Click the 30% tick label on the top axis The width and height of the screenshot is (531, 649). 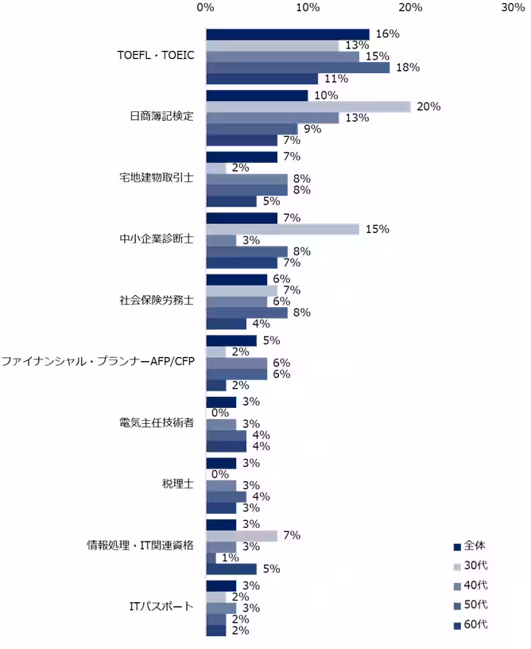click(513, 8)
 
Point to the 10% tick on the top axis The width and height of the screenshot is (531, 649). click(308, 8)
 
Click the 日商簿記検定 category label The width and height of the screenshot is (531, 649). click(161, 117)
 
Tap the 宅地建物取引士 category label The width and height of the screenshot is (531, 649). click(156, 178)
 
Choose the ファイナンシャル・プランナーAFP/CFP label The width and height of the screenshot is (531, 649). click(98, 362)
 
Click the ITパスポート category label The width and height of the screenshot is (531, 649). click(161, 607)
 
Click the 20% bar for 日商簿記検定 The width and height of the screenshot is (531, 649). click(308, 107)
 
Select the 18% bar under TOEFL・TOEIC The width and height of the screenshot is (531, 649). click(298, 68)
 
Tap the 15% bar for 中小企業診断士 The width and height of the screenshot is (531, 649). click(282, 229)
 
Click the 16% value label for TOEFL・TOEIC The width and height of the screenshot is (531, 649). click(386, 34)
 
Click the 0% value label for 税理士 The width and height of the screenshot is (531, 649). click(220, 474)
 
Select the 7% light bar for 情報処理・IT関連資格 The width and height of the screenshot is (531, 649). click(242, 535)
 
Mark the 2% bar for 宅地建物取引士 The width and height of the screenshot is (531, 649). click(216, 168)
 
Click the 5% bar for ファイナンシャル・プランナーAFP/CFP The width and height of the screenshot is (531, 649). click(231, 340)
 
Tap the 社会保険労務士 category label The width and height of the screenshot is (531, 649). click(156, 301)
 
